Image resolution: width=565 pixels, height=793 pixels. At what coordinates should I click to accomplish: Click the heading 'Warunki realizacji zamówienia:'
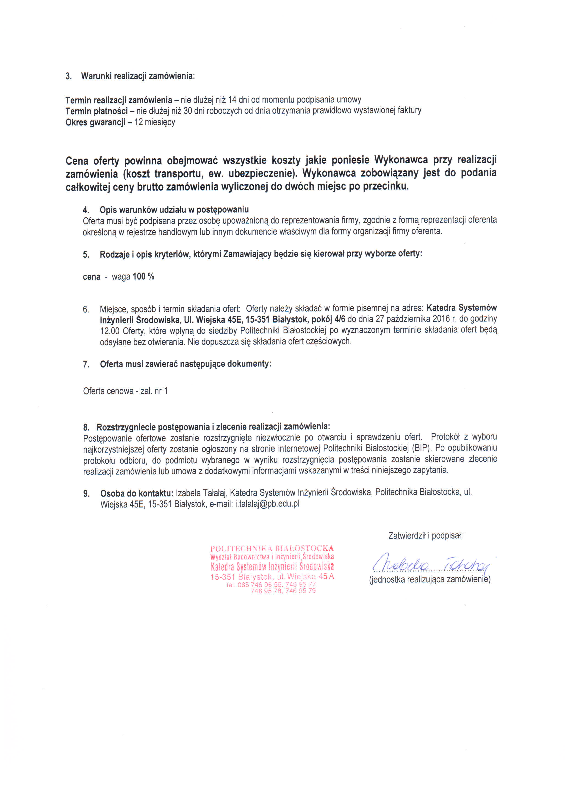138,76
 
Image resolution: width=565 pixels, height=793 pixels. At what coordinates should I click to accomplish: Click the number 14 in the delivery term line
232,100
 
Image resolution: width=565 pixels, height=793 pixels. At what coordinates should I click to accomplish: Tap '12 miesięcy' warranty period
155,122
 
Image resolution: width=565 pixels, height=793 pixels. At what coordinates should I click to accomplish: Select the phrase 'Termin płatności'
96,111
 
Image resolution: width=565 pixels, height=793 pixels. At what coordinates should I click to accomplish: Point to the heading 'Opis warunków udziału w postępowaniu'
174,209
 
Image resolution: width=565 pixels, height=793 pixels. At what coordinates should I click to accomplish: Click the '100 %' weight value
143,276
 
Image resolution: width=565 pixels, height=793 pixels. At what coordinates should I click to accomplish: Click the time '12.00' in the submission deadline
110,330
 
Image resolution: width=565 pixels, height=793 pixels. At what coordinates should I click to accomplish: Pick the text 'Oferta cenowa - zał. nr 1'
125,391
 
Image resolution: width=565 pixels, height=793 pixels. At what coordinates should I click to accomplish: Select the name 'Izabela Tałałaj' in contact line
201,493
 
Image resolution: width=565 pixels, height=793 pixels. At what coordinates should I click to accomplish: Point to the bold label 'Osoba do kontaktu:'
137,493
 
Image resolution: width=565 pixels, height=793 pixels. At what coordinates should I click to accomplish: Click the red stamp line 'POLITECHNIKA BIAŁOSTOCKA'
272,549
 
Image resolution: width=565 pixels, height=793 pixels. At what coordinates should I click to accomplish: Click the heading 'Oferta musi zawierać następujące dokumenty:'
186,364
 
